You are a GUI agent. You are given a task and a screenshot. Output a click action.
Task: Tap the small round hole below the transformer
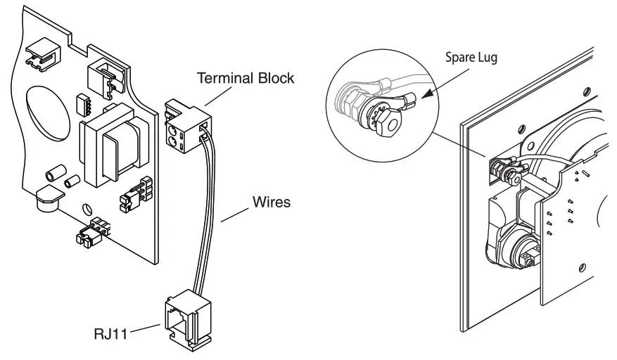coord(87,210)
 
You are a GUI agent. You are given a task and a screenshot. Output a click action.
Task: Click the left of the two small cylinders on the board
coord(52,174)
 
